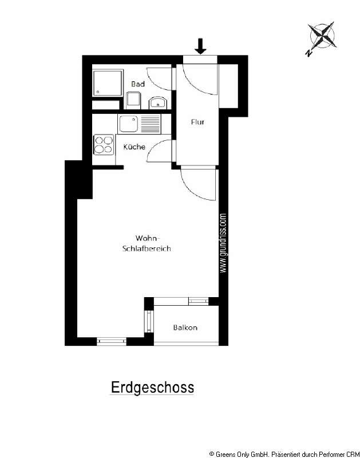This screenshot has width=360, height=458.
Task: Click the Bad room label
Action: pos(137,84)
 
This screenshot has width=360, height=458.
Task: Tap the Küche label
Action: pos(134,147)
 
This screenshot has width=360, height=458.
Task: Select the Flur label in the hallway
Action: pos(197,122)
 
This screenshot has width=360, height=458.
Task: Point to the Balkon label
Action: pos(185,328)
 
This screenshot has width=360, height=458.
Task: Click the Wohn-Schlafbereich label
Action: pos(147,243)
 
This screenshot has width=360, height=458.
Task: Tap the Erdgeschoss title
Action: pos(152,388)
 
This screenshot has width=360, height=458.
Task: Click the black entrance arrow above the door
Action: pos(200,45)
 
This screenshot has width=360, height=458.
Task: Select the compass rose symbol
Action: pos(321,37)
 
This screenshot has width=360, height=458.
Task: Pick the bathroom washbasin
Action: pos(157,103)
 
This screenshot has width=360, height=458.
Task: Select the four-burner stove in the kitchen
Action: pos(103,144)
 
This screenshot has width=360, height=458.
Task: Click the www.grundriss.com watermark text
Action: pos(223,244)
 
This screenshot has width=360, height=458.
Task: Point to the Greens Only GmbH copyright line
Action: pos(283,453)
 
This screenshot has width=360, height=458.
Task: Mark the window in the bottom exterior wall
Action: pos(111,342)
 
